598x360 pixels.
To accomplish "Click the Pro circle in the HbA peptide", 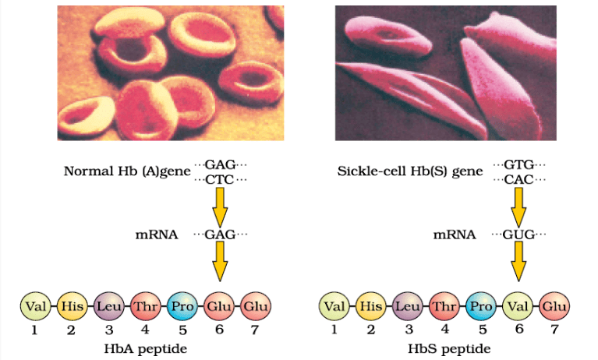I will [181, 307].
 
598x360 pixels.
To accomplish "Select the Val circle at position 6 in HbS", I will [517, 307].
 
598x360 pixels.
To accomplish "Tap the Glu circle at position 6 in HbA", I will [218, 307].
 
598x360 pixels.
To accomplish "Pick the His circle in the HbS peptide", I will [370, 307].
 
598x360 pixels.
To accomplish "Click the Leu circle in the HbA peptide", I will [108, 307].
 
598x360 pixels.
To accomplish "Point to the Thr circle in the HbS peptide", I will [444, 307].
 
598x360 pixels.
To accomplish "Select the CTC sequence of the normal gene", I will [220, 181].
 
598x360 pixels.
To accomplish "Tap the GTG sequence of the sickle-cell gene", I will [518, 166].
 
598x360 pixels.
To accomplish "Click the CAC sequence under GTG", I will [518, 181].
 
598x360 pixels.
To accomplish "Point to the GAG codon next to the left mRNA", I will [220, 234].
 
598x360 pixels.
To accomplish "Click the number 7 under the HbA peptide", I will [255, 330].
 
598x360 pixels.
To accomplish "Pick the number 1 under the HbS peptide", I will [334, 330].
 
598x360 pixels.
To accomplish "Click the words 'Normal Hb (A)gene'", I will [127, 171].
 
